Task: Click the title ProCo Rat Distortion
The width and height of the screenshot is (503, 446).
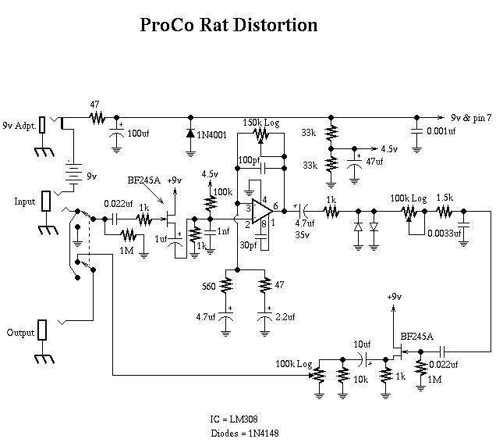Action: (228, 25)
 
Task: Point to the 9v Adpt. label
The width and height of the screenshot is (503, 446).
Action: (20, 124)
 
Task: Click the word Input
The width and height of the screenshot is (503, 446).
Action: (25, 202)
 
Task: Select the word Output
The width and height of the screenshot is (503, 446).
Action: (22, 332)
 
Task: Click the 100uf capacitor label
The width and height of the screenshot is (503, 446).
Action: (140, 134)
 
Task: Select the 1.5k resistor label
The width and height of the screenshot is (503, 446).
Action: (445, 198)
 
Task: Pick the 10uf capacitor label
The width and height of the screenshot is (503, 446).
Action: (362, 344)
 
